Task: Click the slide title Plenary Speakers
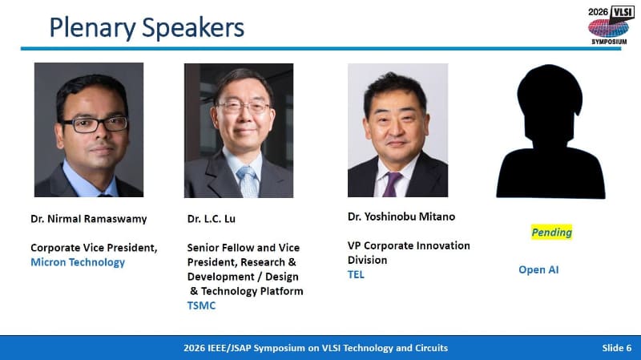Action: tap(147, 27)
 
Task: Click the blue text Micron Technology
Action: tap(78, 262)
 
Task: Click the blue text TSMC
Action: tap(201, 305)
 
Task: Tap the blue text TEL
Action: tap(356, 274)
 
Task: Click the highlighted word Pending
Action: tap(551, 232)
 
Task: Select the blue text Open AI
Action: tap(538, 269)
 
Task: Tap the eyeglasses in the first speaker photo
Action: tap(94, 124)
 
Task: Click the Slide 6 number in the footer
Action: tap(616, 347)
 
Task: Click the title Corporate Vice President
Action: tap(94, 248)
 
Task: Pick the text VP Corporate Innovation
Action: tap(409, 245)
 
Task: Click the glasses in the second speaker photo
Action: tap(243, 107)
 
